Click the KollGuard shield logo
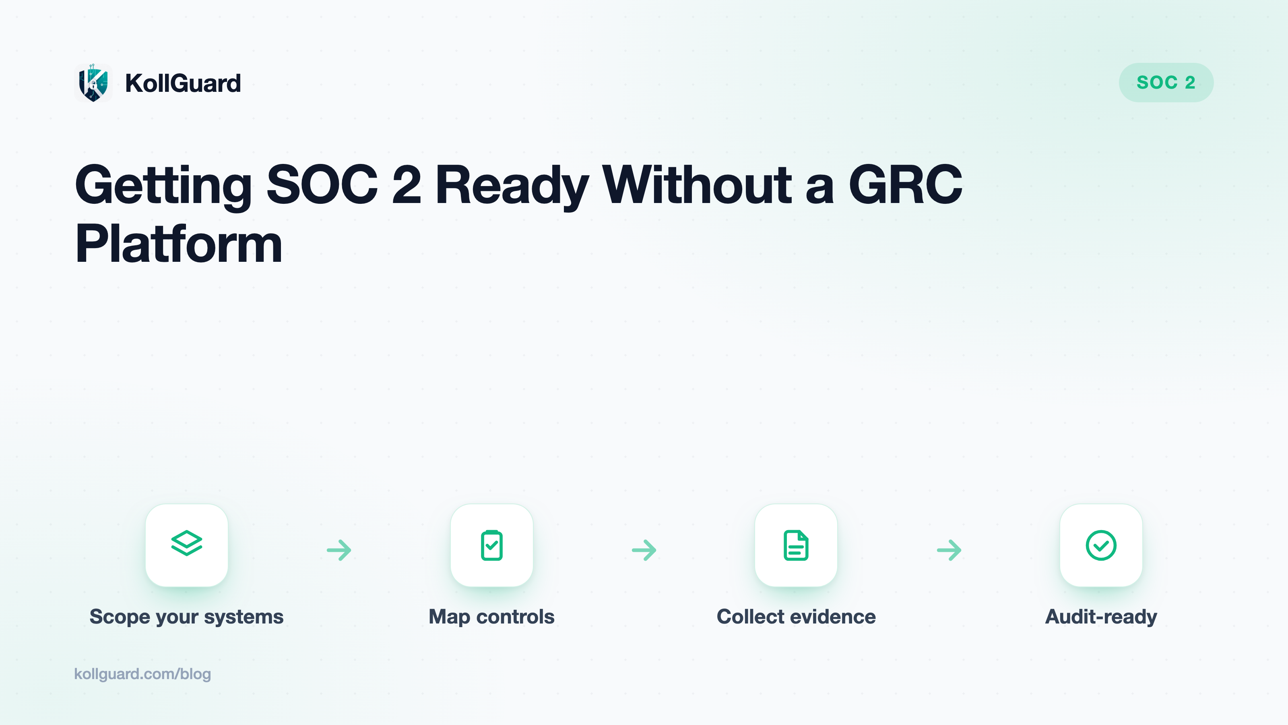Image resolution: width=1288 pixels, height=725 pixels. tap(93, 83)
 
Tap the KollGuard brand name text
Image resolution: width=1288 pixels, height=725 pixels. tap(183, 83)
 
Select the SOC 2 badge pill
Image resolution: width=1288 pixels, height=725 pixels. tap(1166, 83)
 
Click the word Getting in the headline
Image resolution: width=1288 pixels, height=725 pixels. tap(163, 186)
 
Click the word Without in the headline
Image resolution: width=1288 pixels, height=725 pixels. tap(697, 184)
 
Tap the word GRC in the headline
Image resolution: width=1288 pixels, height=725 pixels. tap(906, 184)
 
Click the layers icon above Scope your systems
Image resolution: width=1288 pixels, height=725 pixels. tap(186, 543)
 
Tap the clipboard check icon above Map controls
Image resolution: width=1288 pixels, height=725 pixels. tap(491, 545)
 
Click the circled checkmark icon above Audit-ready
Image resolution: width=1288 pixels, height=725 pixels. tap(1101, 545)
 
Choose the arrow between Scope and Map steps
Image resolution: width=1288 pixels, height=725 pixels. tap(339, 550)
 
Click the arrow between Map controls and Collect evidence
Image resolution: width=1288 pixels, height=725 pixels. tap(644, 550)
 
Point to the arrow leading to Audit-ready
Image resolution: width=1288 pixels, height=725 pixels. tap(949, 550)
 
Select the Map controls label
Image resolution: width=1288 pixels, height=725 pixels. tap(491, 616)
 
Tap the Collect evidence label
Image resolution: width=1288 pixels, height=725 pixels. tap(796, 616)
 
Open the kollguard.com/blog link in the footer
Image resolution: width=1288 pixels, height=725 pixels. tap(142, 674)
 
